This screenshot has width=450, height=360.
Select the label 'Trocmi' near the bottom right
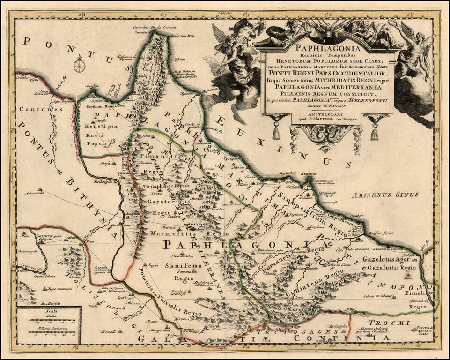(x=394, y=322)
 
